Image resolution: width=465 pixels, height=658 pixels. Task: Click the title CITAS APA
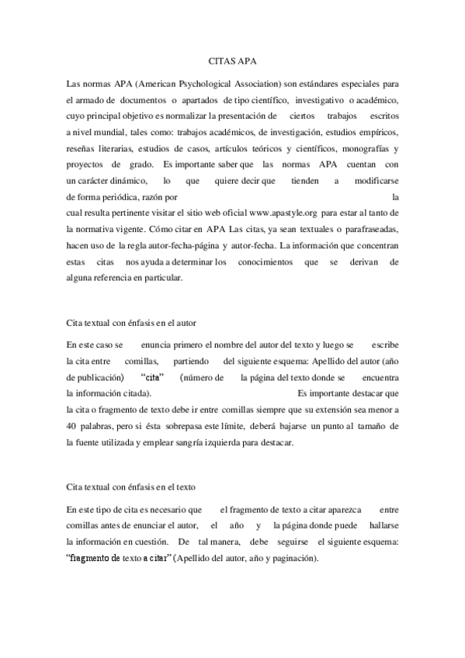coord(232,59)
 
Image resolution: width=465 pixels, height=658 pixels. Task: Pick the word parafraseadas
coord(368,229)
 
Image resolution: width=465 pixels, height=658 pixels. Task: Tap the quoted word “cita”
coord(158,376)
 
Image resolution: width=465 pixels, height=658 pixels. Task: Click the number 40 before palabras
coord(71,426)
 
